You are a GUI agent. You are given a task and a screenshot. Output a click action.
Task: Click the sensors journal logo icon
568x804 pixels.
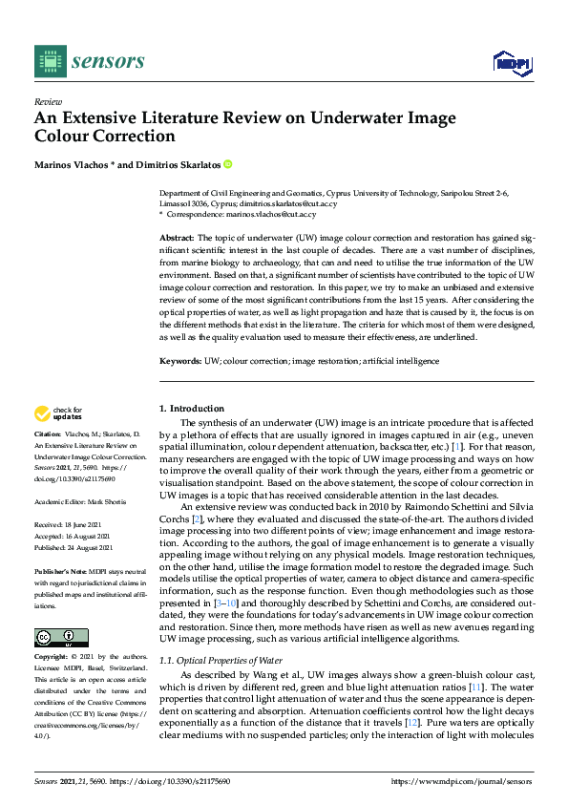(x=47, y=60)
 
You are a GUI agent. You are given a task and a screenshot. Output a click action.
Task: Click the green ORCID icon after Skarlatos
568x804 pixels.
(x=228, y=163)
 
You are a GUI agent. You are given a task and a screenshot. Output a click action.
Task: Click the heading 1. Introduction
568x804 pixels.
(x=192, y=409)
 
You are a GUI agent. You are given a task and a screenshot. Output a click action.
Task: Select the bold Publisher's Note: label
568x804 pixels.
(x=60, y=569)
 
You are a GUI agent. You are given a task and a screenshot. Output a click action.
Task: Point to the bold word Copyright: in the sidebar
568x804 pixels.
(x=52, y=658)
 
